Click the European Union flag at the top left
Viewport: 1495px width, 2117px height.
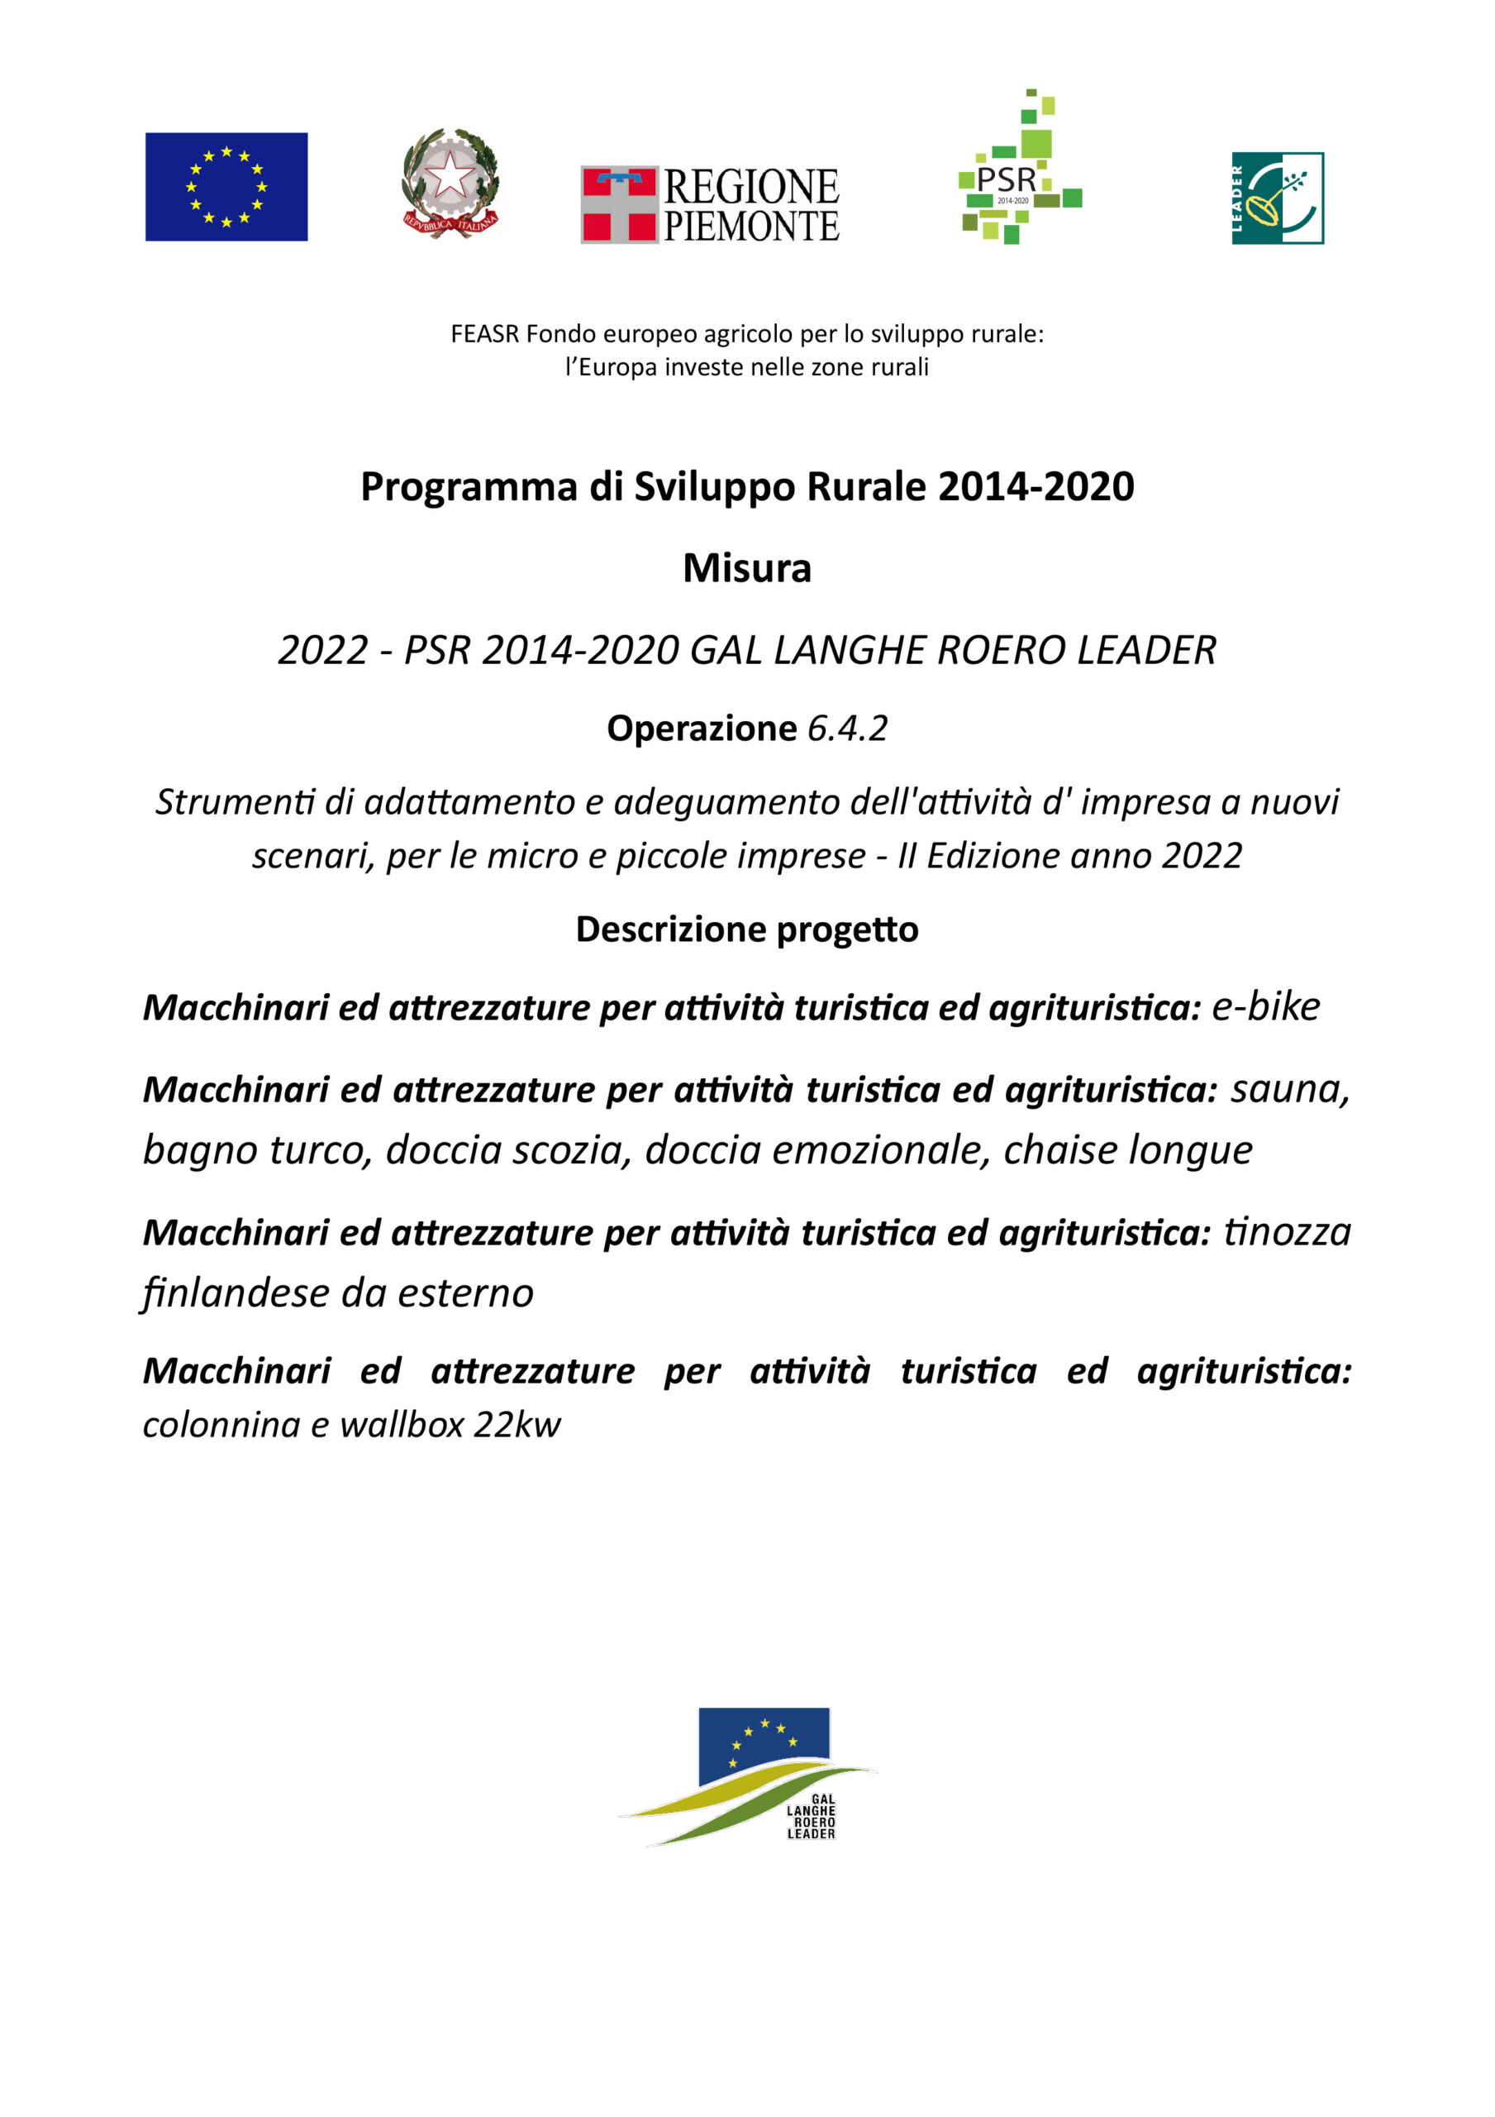(x=226, y=187)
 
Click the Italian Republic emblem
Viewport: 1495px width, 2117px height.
(x=450, y=183)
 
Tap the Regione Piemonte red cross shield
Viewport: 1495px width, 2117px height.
(x=618, y=205)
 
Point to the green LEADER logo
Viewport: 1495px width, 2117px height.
(x=1278, y=198)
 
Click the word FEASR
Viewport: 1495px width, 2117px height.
(x=485, y=334)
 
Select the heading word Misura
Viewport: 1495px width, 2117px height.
(x=746, y=569)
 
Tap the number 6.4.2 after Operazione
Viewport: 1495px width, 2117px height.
(x=847, y=729)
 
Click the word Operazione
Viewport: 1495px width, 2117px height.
(x=702, y=729)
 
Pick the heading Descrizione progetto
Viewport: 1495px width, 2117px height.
(x=746, y=929)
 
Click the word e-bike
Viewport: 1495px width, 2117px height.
(x=1265, y=1007)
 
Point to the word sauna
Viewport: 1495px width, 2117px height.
(x=1288, y=1090)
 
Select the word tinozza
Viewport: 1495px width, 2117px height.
(x=1287, y=1232)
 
